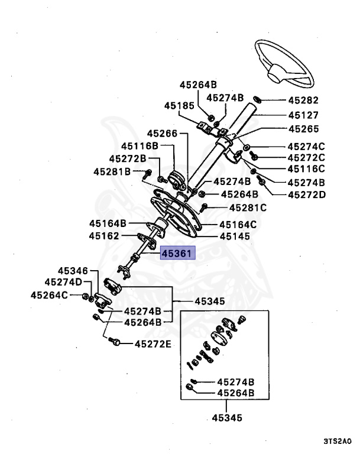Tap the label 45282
click(x=303, y=100)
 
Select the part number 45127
click(x=303, y=115)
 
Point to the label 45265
click(x=303, y=129)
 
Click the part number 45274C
click(x=306, y=146)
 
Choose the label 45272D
click(x=306, y=194)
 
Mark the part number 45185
click(x=179, y=106)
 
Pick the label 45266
click(x=162, y=134)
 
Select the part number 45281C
click(x=248, y=207)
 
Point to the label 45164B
click(x=108, y=223)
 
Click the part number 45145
click(x=235, y=236)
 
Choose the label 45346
click(x=72, y=270)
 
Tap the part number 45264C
click(x=50, y=295)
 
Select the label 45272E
click(x=153, y=343)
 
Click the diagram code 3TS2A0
click(x=338, y=441)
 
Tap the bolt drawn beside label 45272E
click(x=116, y=342)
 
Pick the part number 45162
click(x=105, y=235)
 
